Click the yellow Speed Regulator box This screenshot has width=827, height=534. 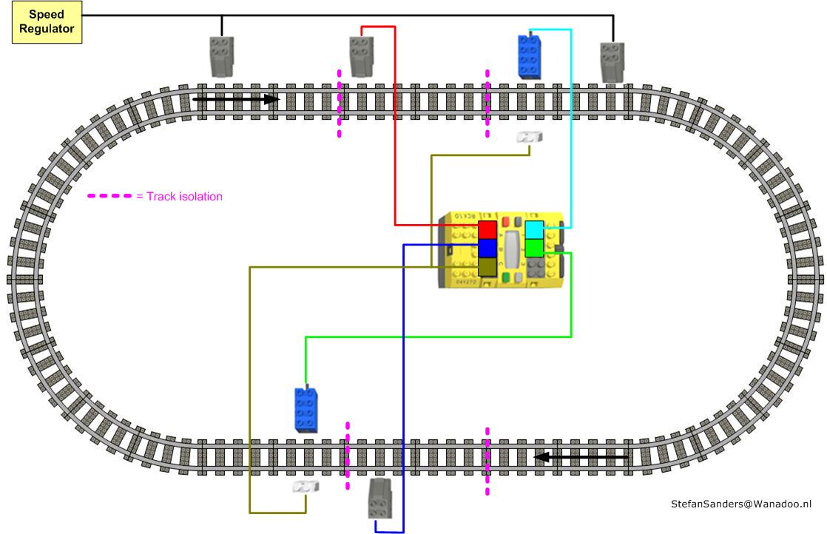pos(47,22)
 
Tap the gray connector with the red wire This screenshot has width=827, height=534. pos(361,56)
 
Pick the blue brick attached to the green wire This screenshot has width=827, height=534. pos(306,409)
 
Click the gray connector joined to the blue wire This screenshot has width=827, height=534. pos(380,497)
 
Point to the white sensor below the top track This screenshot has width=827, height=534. pos(530,138)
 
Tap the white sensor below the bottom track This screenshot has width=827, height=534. pos(306,487)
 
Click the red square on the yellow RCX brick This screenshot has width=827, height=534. pos(487,229)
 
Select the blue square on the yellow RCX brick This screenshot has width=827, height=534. pos(487,248)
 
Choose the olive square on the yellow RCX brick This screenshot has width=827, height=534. pos(487,266)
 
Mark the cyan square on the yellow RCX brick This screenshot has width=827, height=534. pos(534,229)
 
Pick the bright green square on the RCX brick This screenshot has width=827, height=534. pos(534,248)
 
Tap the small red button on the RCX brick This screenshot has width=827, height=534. pos(506,221)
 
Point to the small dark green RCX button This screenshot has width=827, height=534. pos(506,277)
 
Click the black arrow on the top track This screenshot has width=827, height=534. pos(236,98)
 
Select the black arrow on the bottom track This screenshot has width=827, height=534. pos(581,457)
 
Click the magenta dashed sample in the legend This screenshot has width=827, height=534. pos(109,197)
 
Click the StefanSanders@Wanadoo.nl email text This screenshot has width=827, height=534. pos(741,504)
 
